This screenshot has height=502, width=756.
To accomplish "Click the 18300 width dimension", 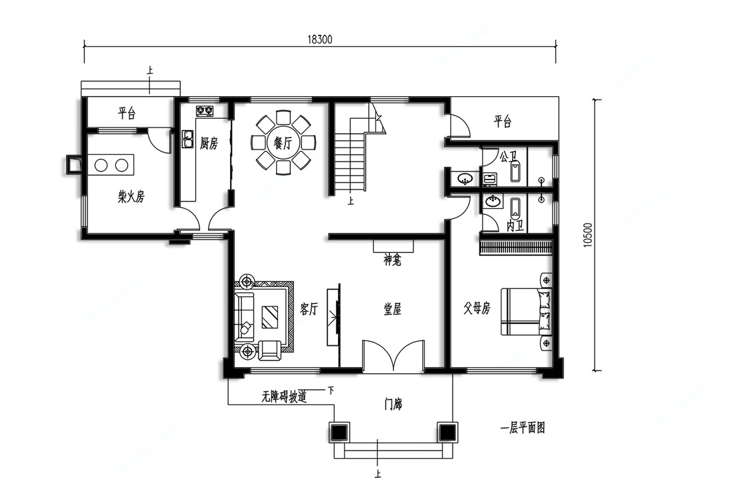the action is pos(319,39).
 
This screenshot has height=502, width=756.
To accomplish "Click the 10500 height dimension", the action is pos(587,235).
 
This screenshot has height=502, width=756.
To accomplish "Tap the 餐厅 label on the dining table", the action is pos(283,143).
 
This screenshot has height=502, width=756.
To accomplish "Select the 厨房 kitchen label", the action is pos(209,144).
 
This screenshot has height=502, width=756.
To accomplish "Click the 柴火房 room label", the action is pos(131,196).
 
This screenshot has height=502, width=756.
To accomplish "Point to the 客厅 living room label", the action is pos(309,309).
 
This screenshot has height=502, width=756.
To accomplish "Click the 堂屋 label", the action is pos(393,309).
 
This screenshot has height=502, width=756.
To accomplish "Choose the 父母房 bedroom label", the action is pos(477,308).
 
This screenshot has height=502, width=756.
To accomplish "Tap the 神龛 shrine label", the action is pos(393,260).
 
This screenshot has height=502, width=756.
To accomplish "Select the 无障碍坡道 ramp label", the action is pos(284,397).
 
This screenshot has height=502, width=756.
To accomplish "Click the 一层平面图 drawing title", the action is pos(523,428).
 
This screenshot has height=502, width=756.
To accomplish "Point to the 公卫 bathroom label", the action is pos(508,156).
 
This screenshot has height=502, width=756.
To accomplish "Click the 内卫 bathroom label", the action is pos(515,226).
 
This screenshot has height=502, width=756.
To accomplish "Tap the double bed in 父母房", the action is pos(527,311).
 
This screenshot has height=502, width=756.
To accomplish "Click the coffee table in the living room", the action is pos(269,317).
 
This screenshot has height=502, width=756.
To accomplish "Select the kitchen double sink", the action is pos(187,139).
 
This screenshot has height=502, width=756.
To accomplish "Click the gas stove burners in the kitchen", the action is pos(205,111).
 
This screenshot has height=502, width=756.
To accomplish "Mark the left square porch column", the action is pos(339,431).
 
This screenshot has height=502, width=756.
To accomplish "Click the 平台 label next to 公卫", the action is pos(503,121).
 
